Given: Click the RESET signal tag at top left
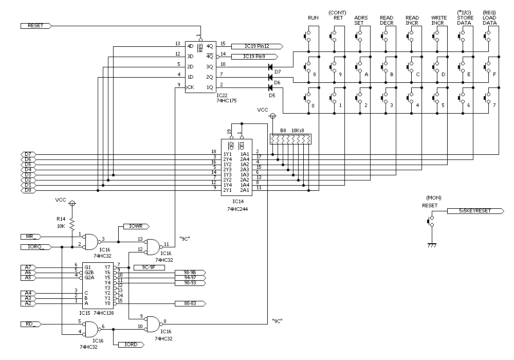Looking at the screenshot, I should (x=34, y=25).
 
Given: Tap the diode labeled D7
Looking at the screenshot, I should (x=270, y=66).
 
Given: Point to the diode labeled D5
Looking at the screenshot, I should (x=270, y=87).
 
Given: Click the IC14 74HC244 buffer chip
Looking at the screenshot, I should (x=236, y=167).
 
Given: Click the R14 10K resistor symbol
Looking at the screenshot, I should (x=72, y=223).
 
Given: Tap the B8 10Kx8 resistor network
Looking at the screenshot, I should (x=290, y=139).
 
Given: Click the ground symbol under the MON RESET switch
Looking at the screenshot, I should (x=432, y=245).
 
